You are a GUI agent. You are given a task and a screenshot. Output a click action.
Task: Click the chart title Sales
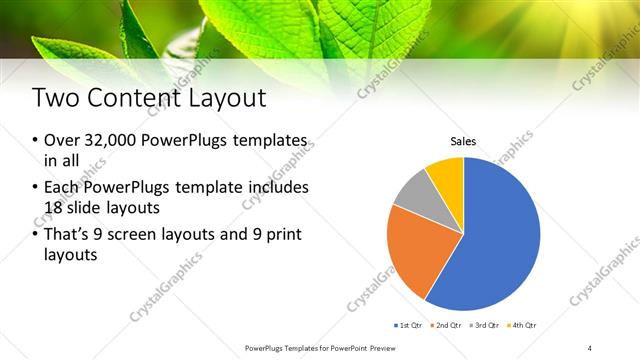tap(462, 142)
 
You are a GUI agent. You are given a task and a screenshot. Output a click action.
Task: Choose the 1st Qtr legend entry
tap(411, 325)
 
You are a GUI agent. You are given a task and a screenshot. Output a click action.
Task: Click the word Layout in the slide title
tap(230, 98)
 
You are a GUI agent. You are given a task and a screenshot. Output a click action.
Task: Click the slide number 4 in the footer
tap(590, 347)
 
